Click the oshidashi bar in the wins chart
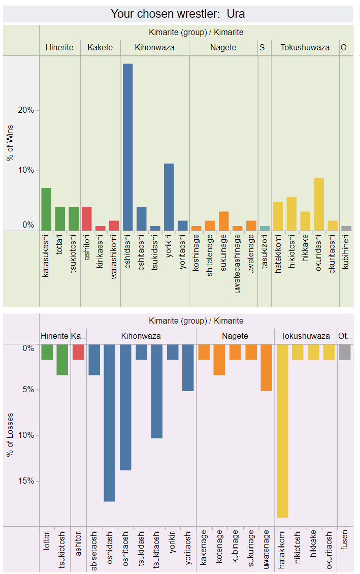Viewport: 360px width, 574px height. click(x=127, y=147)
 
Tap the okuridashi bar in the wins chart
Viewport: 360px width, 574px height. click(x=319, y=204)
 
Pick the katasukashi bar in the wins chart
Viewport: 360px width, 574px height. click(x=46, y=209)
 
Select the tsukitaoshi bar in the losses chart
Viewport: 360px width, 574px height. click(x=156, y=391)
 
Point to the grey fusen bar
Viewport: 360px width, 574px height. click(x=345, y=352)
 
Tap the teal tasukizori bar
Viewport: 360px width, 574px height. click(x=265, y=229)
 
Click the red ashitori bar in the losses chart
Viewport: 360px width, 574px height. click(x=78, y=352)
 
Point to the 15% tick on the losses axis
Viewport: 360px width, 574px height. click(x=27, y=481)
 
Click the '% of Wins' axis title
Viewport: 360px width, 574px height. click(x=10, y=143)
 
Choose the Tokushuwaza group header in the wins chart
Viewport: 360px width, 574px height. click(x=305, y=48)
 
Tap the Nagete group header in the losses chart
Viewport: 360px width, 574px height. click(x=235, y=336)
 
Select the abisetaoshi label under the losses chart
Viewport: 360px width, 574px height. click(x=94, y=550)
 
